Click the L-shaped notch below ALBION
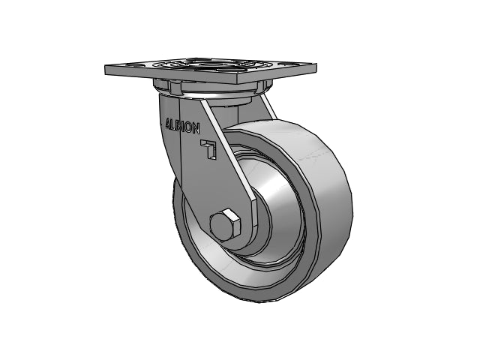(210, 149)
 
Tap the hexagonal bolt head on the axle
(223, 226)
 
